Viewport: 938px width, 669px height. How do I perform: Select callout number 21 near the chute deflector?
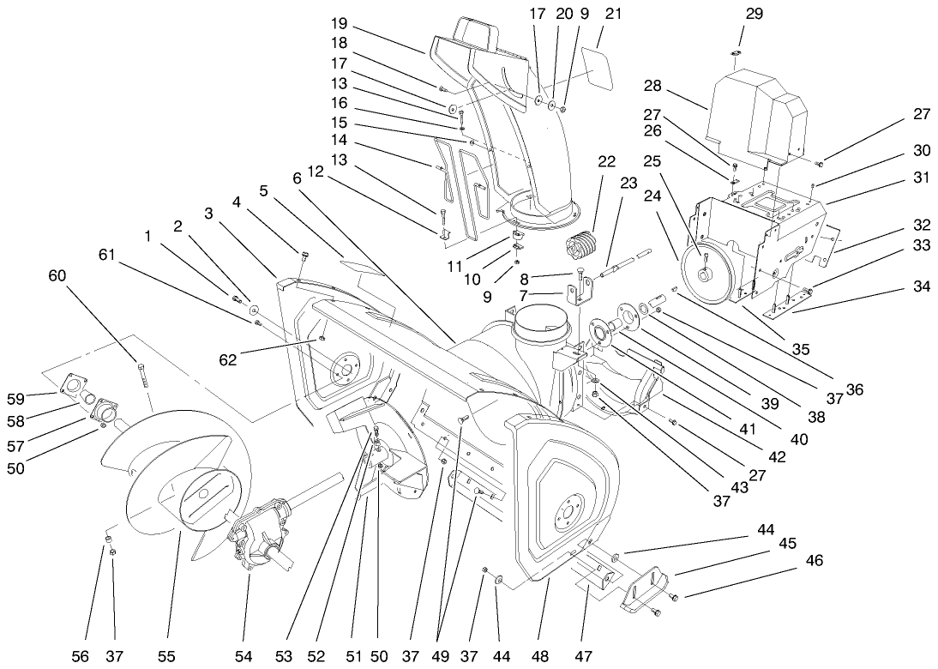pyautogui.click(x=613, y=15)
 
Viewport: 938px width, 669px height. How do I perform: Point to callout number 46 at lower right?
pyautogui.click(x=814, y=561)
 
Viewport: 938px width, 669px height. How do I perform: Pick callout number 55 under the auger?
pyautogui.click(x=166, y=656)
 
